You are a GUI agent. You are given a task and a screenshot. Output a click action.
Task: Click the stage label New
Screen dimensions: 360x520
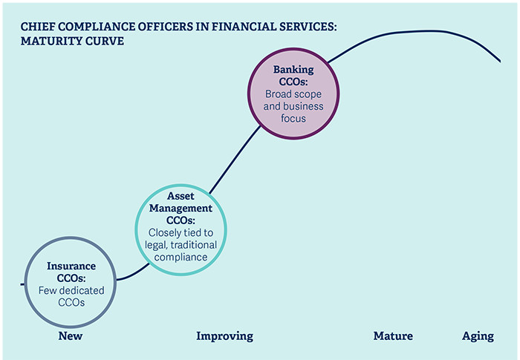pyautogui.click(x=70, y=336)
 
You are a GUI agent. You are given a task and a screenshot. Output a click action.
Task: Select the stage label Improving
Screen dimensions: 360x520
pyautogui.click(x=224, y=336)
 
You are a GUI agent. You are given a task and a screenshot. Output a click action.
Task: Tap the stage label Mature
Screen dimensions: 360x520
pyautogui.click(x=392, y=336)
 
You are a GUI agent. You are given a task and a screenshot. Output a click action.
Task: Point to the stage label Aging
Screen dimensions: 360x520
pyautogui.click(x=478, y=336)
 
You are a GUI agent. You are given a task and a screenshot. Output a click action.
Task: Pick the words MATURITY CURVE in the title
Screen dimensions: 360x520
pyautogui.click(x=72, y=41)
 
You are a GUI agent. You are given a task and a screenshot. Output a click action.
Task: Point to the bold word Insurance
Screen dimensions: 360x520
pyautogui.click(x=71, y=266)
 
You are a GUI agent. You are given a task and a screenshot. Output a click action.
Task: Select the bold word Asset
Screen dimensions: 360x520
pyautogui.click(x=181, y=196)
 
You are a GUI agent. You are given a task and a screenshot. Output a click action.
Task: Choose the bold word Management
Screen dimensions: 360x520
pyautogui.click(x=181, y=208)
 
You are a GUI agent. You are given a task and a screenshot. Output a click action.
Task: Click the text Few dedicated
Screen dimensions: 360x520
pyautogui.click(x=71, y=290)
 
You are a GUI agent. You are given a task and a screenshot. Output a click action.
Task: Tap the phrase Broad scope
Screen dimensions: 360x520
pyautogui.click(x=293, y=94)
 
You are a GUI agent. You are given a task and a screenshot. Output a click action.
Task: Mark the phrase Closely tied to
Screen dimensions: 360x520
pyautogui.click(x=181, y=233)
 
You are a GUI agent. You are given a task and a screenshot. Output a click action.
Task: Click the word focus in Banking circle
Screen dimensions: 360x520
pyautogui.click(x=293, y=118)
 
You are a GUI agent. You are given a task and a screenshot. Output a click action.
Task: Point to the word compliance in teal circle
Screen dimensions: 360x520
pyautogui.click(x=181, y=258)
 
